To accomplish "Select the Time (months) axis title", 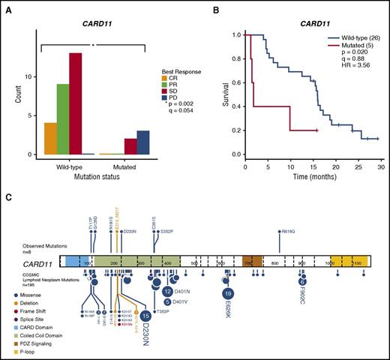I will [x=313, y=177].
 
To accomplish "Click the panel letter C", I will [x=7, y=197].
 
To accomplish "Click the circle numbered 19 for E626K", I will [x=229, y=292].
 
